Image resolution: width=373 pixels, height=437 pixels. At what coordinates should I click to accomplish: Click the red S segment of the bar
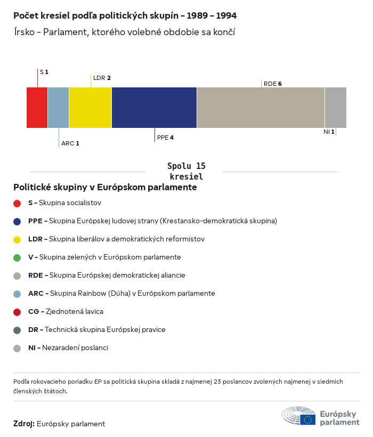pyautogui.click(x=37, y=108)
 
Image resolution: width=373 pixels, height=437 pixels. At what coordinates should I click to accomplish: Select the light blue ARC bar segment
pyautogui.click(x=59, y=108)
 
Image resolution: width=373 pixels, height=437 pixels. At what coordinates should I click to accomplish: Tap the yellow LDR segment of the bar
pyautogui.click(x=91, y=108)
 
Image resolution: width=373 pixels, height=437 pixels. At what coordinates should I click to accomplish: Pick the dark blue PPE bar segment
pyautogui.click(x=155, y=108)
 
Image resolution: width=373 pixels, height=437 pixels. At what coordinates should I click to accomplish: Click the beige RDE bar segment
pyautogui.click(x=261, y=108)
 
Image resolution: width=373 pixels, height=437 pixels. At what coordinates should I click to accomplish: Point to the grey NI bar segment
pyautogui.click(x=336, y=108)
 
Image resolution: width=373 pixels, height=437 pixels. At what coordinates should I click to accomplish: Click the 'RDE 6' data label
pyautogui.click(x=272, y=84)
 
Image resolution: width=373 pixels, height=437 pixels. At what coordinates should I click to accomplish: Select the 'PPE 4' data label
pyautogui.click(x=165, y=137)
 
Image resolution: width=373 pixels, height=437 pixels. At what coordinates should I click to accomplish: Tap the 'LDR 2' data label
pyautogui.click(x=102, y=78)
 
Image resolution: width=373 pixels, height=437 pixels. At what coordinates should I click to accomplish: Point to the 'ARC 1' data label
pyautogui.click(x=70, y=143)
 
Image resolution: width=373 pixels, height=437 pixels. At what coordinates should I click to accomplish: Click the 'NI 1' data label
pyautogui.click(x=329, y=132)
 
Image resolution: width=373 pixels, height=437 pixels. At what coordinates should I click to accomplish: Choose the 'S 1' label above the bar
pyautogui.click(x=44, y=71)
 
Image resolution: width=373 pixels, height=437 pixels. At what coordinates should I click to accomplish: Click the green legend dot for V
pyautogui.click(x=17, y=257)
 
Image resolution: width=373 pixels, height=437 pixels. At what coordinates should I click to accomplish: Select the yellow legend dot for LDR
pyautogui.click(x=17, y=239)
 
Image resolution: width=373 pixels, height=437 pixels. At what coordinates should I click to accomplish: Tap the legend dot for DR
pyautogui.click(x=17, y=330)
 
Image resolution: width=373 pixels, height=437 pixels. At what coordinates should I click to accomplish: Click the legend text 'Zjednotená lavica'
pyautogui.click(x=71, y=311)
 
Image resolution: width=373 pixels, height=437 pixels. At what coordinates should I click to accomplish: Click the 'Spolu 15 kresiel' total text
pyautogui.click(x=186, y=171)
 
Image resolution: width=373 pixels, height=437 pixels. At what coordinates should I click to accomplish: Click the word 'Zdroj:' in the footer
pyautogui.click(x=24, y=424)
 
